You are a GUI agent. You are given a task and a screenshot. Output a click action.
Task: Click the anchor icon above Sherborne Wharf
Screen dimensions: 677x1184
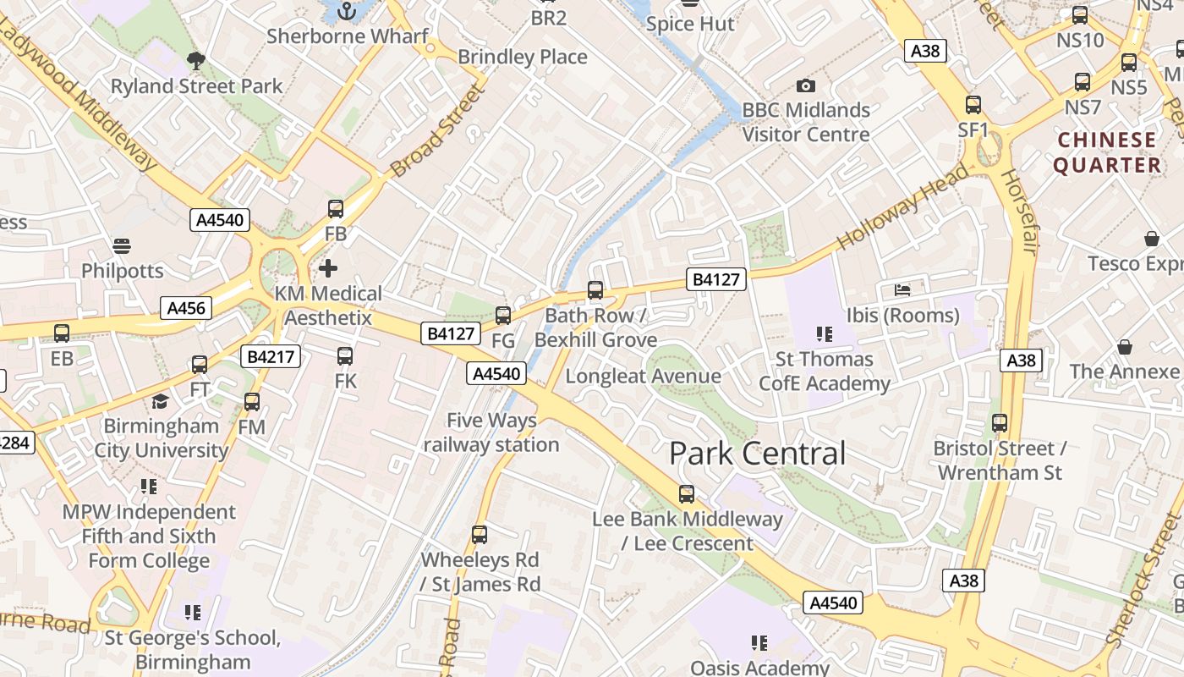pyautogui.click(x=346, y=10)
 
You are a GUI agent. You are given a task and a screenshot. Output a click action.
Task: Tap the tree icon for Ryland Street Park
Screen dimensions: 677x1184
pyautogui.click(x=196, y=60)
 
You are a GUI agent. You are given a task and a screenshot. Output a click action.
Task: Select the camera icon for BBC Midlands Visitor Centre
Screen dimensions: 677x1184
pyautogui.click(x=806, y=85)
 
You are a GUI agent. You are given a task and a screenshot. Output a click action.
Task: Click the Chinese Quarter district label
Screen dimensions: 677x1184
pyautogui.click(x=1107, y=152)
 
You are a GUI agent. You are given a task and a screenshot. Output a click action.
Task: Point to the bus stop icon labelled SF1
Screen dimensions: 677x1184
pyautogui.click(x=973, y=105)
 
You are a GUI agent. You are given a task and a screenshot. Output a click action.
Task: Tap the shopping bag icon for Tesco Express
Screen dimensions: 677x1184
pyautogui.click(x=1151, y=239)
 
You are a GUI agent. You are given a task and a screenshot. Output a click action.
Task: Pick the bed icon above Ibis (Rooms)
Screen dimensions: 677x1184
pyautogui.click(x=902, y=290)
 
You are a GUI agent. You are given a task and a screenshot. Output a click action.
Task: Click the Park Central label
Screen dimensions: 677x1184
pyautogui.click(x=757, y=454)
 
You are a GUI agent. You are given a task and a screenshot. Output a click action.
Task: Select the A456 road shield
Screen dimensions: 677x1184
pyautogui.click(x=186, y=308)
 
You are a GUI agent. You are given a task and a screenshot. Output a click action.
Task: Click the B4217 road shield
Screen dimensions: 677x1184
pyautogui.click(x=271, y=356)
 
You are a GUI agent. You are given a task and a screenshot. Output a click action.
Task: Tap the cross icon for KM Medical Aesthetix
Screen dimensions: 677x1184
pyautogui.click(x=328, y=268)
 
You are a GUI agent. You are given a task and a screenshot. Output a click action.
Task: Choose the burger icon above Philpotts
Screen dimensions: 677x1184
pyautogui.click(x=122, y=246)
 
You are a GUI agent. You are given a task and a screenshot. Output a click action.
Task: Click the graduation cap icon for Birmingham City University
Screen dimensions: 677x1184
pyautogui.click(x=160, y=401)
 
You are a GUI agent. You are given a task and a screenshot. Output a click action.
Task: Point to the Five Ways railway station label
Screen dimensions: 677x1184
pyautogui.click(x=491, y=432)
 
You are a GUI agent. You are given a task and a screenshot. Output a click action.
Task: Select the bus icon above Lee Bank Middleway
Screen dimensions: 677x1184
pyautogui.click(x=687, y=493)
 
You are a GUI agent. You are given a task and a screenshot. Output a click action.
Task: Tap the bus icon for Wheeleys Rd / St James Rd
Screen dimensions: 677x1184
pyautogui.click(x=480, y=534)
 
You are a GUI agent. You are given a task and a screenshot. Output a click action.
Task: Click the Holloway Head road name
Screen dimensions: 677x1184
pyautogui.click(x=903, y=206)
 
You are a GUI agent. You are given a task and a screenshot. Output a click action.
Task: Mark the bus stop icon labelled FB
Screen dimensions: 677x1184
pyautogui.click(x=336, y=208)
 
